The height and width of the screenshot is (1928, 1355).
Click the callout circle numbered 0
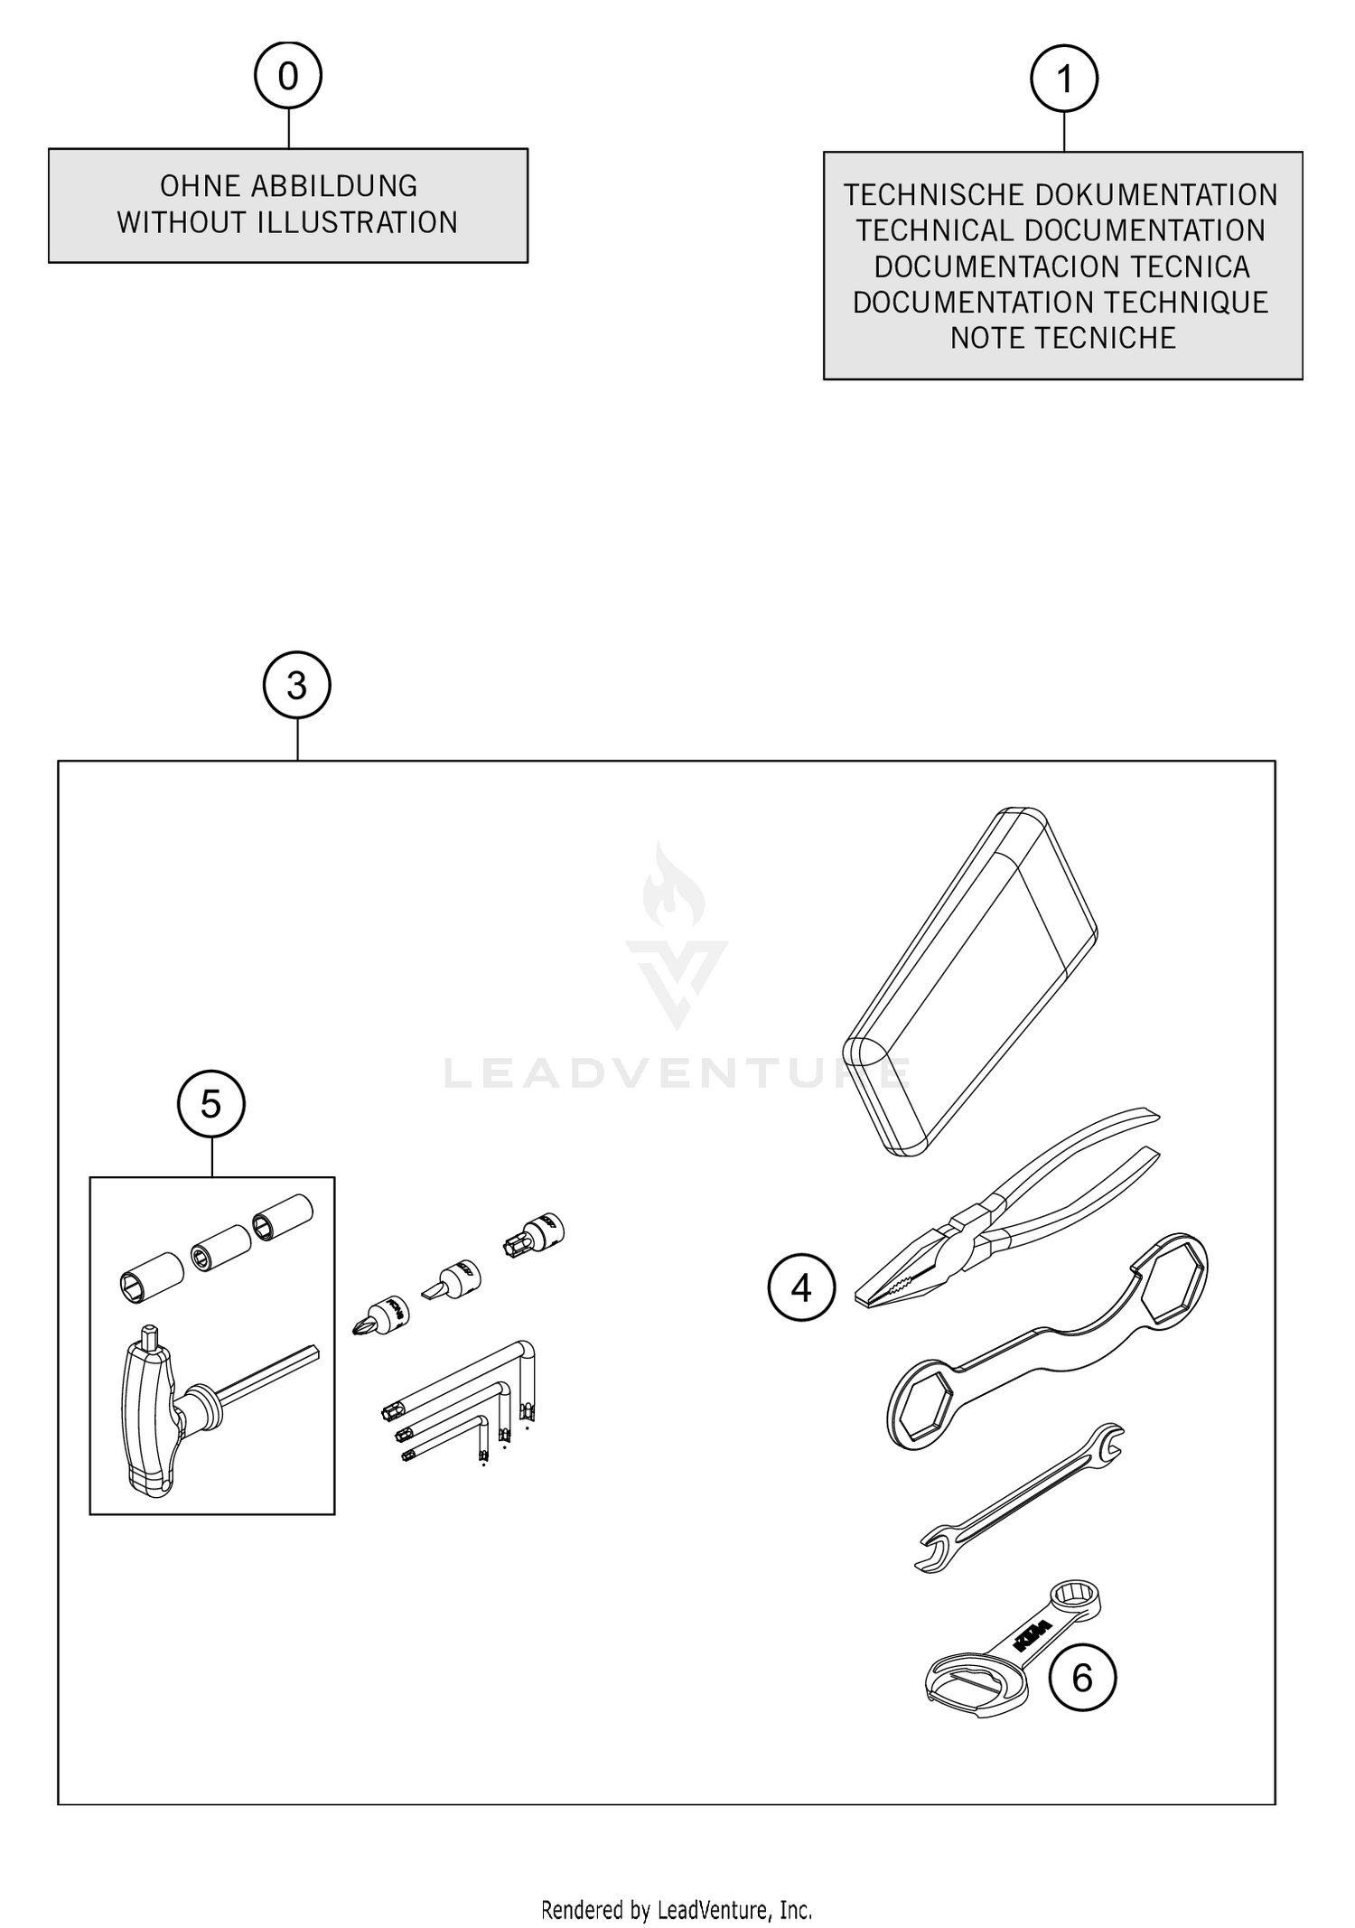pyautogui.click(x=288, y=76)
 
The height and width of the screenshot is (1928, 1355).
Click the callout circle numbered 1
pyautogui.click(x=1064, y=80)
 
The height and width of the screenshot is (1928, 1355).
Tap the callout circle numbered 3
pyautogui.click(x=296, y=686)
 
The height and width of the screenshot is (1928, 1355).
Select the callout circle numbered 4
pyautogui.click(x=801, y=1287)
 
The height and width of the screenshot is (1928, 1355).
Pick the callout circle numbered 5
pyautogui.click(x=211, y=1104)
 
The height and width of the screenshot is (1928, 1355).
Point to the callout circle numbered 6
pyautogui.click(x=1081, y=1678)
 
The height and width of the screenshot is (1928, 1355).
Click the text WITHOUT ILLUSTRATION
pyautogui.click(x=287, y=223)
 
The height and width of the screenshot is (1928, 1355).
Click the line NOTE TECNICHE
pyautogui.click(x=1062, y=338)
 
